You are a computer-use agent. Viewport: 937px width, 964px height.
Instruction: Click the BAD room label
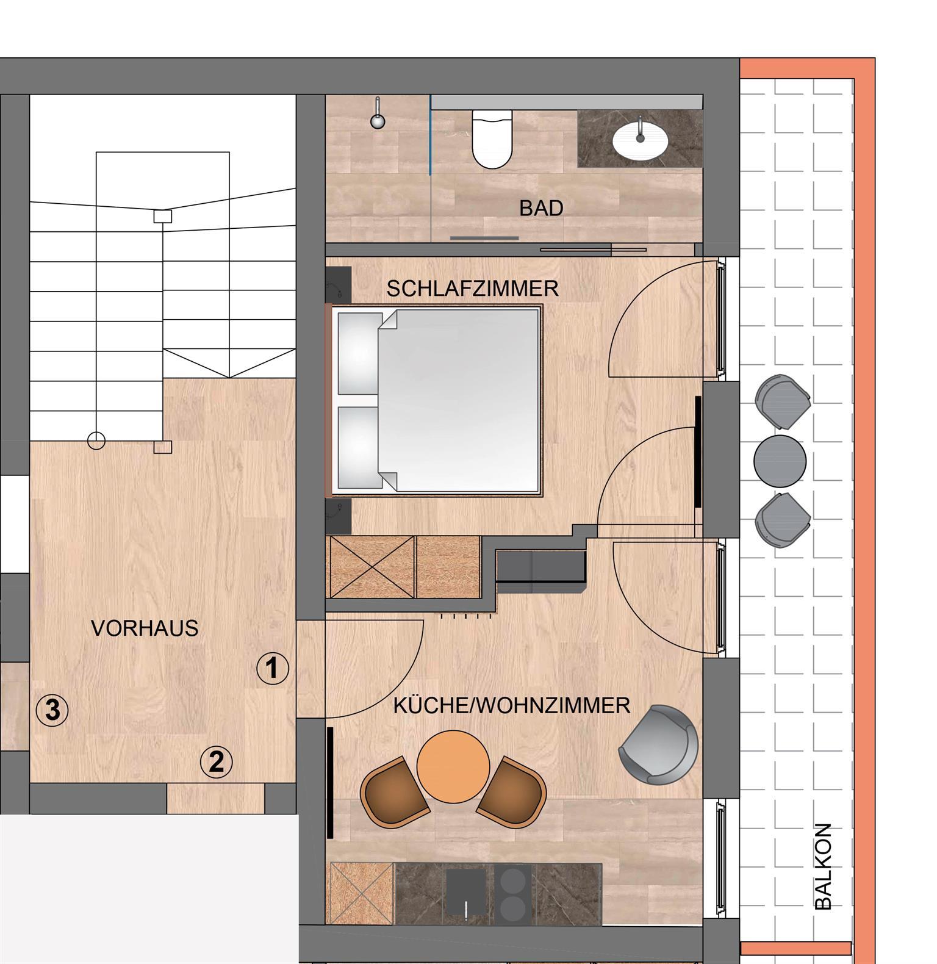coord(541,209)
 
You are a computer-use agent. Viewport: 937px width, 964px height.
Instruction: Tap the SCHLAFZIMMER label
coord(473,289)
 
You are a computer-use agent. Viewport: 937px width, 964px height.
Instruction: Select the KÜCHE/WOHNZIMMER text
coord(512,706)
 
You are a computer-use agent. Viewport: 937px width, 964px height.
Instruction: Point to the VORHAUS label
coord(145,628)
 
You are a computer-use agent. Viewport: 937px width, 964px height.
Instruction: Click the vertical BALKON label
coord(824,866)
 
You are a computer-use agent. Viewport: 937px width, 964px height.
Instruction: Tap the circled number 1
coord(272,668)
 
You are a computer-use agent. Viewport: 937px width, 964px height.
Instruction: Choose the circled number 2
coord(217,762)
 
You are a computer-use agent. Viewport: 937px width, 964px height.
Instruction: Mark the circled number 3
coord(52,710)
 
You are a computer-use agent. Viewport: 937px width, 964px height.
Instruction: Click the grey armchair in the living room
coord(658,744)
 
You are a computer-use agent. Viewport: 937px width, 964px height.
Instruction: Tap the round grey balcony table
coord(780,461)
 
